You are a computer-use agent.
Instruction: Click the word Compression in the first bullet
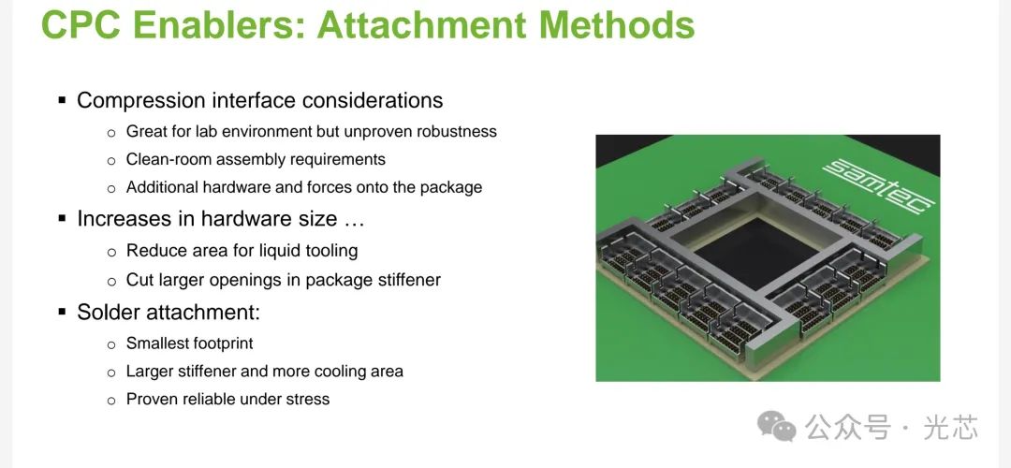[x=141, y=100]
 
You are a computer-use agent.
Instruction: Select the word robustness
[x=457, y=131]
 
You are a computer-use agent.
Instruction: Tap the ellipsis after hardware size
[x=354, y=219]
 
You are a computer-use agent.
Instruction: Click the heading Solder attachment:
[x=168, y=312]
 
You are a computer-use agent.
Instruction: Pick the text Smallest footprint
[x=189, y=343]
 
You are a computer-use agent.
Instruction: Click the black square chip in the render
[x=755, y=254]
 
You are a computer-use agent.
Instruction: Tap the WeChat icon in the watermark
[x=777, y=426]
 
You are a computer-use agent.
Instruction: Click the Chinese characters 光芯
[x=951, y=427]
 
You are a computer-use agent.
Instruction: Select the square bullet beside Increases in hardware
[x=63, y=218]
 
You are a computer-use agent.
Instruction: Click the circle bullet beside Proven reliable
[x=111, y=401]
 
